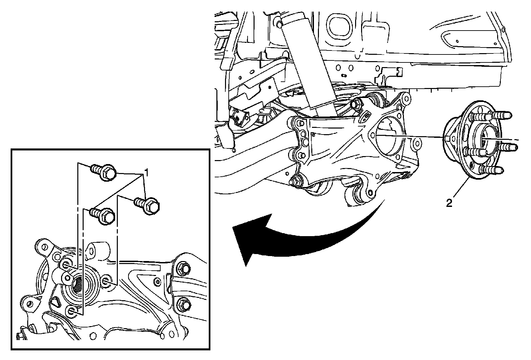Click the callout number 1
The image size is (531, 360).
(x=146, y=173)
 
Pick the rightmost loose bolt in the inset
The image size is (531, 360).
(x=147, y=205)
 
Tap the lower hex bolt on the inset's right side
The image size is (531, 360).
(x=184, y=305)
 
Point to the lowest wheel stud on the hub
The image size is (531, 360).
(x=491, y=170)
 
